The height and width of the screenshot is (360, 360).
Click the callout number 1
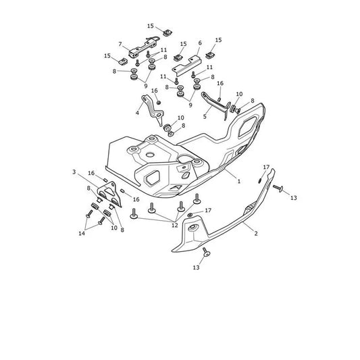(239, 181)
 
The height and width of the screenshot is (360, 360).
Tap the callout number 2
(256, 233)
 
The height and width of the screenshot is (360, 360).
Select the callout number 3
(74, 172)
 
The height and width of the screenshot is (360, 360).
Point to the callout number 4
(137, 113)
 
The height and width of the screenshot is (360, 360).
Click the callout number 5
(205, 116)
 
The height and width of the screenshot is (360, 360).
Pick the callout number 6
(200, 43)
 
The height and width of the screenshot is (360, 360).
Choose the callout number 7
(120, 44)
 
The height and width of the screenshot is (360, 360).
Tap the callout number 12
(175, 225)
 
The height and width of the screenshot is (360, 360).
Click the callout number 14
(82, 234)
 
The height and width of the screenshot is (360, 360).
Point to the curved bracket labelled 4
(153, 110)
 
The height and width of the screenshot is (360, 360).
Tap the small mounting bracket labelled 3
(109, 194)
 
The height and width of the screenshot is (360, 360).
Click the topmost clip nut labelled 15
(168, 32)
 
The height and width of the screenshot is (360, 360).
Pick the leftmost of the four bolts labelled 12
(134, 213)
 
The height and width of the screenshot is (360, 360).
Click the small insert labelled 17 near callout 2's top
(259, 181)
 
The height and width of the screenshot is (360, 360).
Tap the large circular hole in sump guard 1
(150, 155)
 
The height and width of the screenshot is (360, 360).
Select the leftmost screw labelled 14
(89, 214)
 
